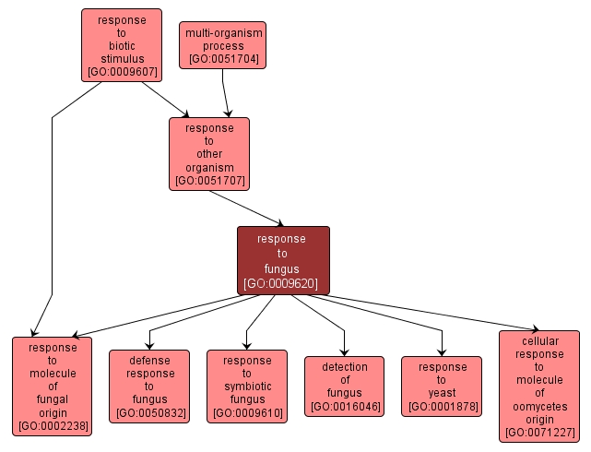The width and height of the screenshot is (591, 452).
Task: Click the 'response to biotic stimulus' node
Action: pyautogui.click(x=121, y=45)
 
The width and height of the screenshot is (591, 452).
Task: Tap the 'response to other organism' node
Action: pyautogui.click(x=209, y=154)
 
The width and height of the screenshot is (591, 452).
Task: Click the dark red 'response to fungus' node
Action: pyautogui.click(x=282, y=261)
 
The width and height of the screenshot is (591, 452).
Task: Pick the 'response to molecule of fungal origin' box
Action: pyautogui.click(x=52, y=386)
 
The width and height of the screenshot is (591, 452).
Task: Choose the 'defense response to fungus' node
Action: pyautogui.click(x=149, y=386)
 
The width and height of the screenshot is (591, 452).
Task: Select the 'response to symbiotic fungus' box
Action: pyautogui.click(x=246, y=386)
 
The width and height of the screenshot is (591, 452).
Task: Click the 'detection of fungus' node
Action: pyautogui.click(x=344, y=386)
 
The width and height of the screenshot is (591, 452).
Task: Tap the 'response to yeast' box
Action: pyautogui.click(x=442, y=386)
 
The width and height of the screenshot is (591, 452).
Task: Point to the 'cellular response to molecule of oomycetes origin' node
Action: pyautogui.click(x=539, y=386)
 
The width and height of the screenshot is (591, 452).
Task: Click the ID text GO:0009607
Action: pyautogui.click(x=121, y=71)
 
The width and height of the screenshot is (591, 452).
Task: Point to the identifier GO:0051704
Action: pyautogui.click(x=223, y=59)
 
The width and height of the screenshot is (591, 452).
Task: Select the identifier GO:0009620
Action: pyautogui.click(x=282, y=283)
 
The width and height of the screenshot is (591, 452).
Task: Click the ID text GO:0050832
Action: pyautogui.click(x=149, y=412)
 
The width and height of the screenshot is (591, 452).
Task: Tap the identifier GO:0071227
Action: pyautogui.click(x=539, y=431)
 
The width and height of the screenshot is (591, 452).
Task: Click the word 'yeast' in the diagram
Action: pyautogui.click(x=442, y=392)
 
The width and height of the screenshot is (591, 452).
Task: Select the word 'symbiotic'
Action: pyautogui.click(x=246, y=386)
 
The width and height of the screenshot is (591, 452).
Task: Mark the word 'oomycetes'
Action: pyautogui.click(x=539, y=406)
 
